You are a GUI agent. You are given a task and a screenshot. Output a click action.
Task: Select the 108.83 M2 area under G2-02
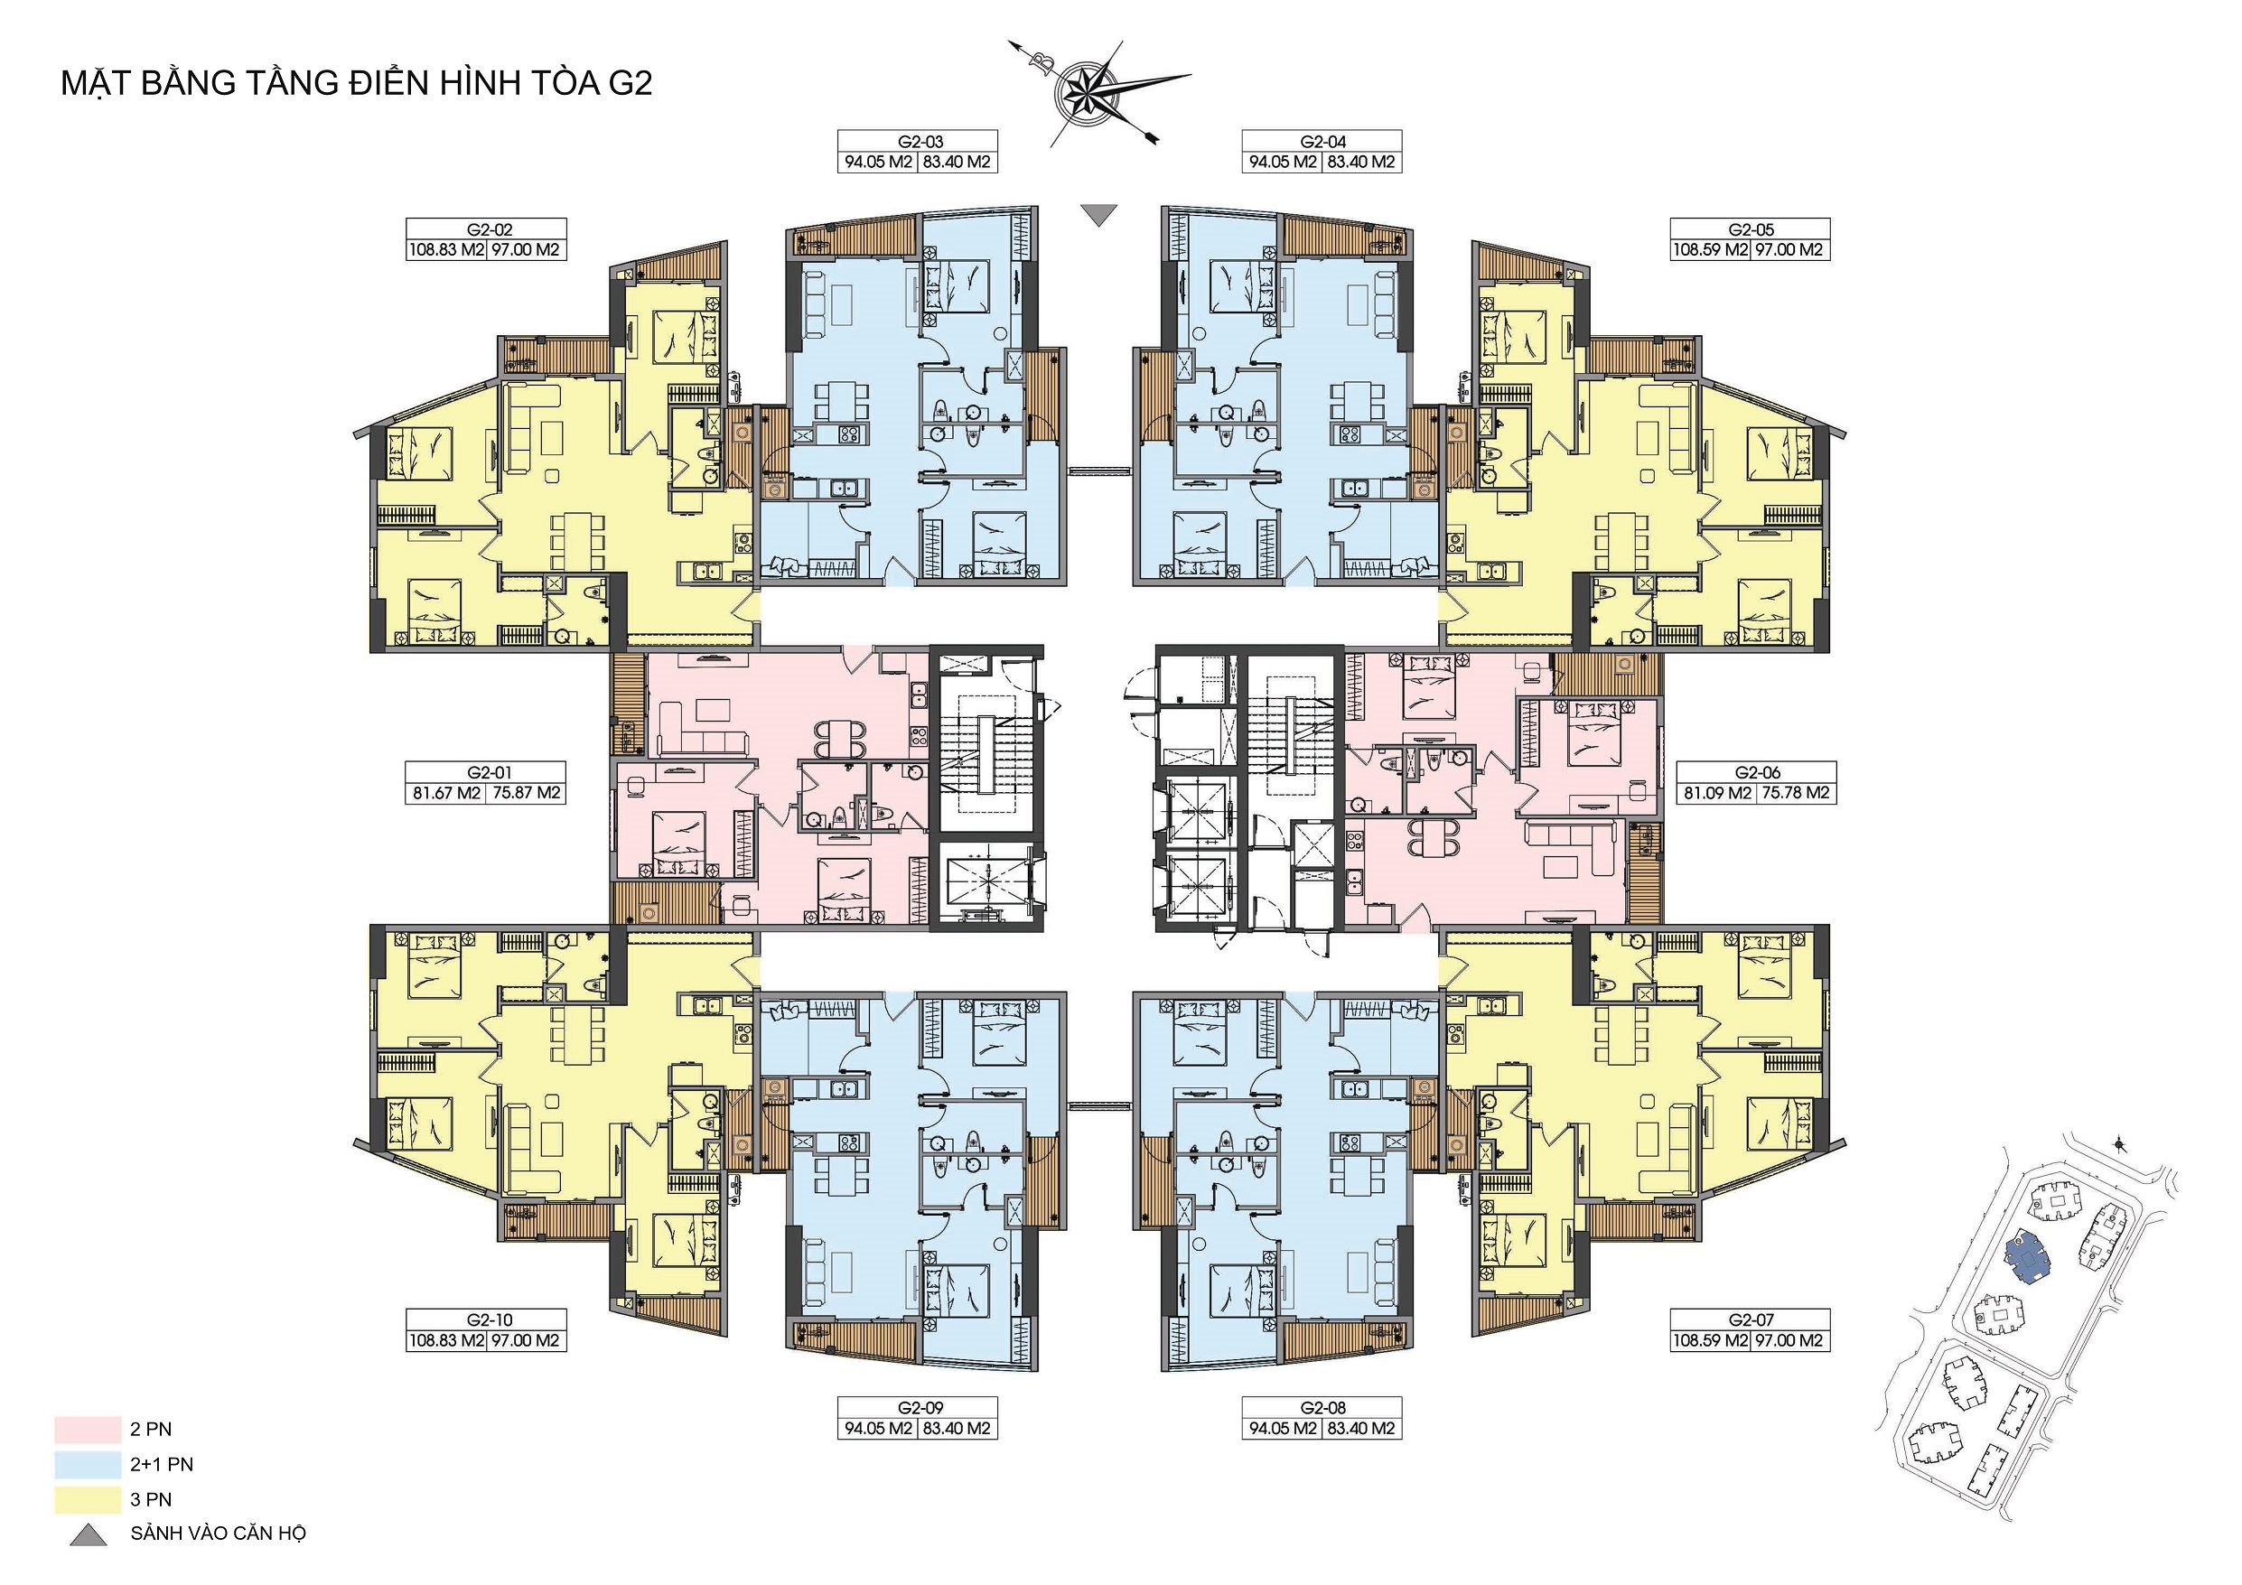coord(446,250)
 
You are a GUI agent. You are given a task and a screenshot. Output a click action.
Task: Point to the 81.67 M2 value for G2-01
coord(446,793)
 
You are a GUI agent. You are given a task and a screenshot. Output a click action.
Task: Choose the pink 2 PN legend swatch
coord(88,1430)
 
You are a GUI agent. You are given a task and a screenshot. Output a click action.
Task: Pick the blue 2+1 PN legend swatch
coord(88,1465)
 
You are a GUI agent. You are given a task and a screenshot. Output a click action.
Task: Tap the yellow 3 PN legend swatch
coord(88,1500)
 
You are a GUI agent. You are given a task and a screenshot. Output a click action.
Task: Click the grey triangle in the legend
coord(88,1535)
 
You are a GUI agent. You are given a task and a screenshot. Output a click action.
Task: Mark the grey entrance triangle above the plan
coord(1099,214)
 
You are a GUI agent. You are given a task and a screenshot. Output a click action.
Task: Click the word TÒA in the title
coord(556,83)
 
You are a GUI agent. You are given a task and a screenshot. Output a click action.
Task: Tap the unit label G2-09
coord(920,1408)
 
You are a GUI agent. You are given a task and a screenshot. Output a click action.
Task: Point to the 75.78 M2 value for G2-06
coord(1796,793)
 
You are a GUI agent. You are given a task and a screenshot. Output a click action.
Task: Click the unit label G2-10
coord(490,1320)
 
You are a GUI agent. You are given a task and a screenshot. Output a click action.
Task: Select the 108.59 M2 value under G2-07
coord(1710,1341)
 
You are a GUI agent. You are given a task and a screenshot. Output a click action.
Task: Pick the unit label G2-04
coord(1323,142)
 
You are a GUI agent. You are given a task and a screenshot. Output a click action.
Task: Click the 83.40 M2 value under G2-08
coord(1361,1429)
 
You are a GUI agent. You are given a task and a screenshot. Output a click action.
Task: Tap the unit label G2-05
coord(1751,229)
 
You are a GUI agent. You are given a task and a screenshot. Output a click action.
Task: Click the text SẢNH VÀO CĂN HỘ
coord(219,1534)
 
